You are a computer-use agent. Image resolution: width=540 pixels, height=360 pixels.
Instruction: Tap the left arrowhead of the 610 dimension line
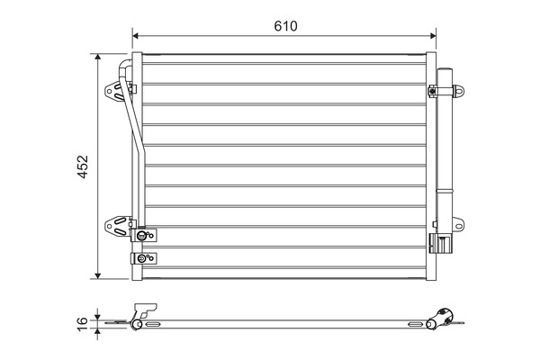[137, 38]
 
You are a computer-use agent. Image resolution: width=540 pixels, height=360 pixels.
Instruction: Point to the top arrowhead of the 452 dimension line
[97, 57]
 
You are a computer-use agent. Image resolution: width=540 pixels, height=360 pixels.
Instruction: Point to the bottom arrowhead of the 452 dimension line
[97, 275]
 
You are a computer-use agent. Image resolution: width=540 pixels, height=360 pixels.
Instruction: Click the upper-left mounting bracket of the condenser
[115, 90]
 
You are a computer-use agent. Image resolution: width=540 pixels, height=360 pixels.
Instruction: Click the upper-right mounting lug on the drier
[460, 90]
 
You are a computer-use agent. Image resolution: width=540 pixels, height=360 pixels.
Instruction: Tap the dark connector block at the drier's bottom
[441, 243]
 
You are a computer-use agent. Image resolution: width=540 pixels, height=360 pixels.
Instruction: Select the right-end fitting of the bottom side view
[445, 316]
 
